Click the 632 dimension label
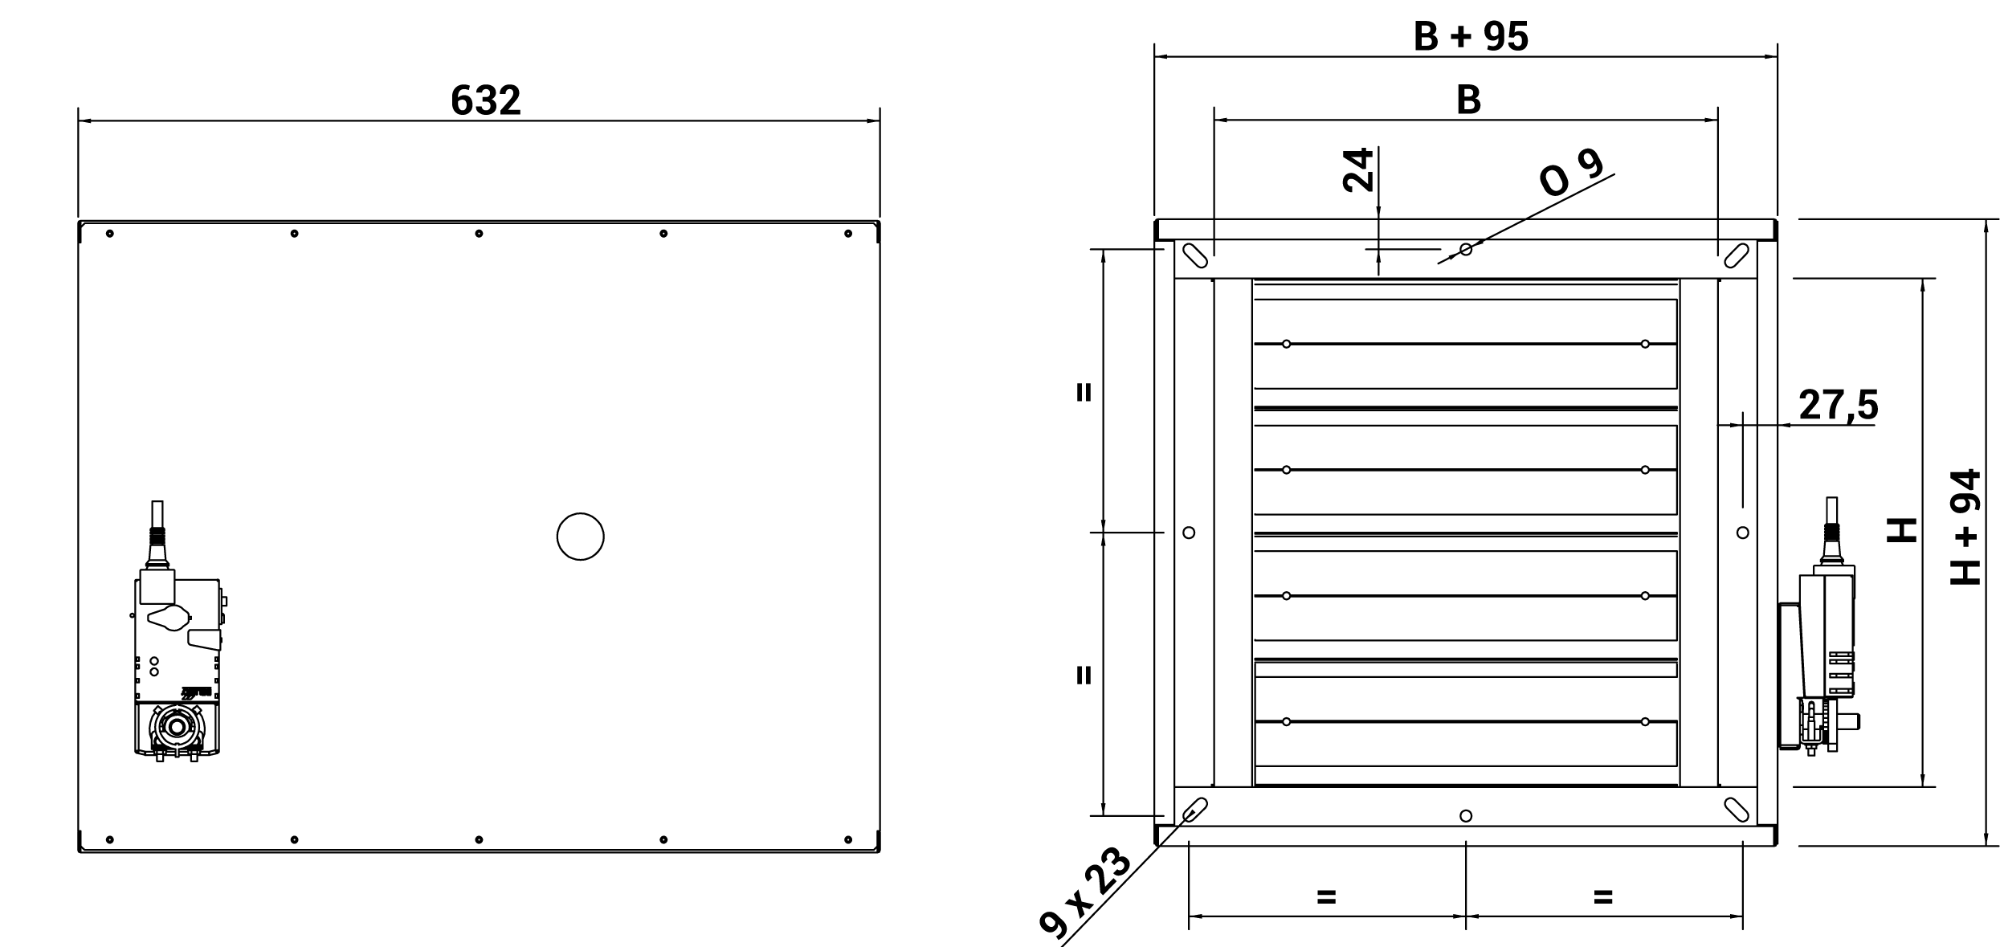pyautogui.click(x=485, y=100)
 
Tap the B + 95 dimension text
pyautogui.click(x=1471, y=37)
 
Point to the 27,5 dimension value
pyautogui.click(x=1839, y=405)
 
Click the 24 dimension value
pyautogui.click(x=1358, y=169)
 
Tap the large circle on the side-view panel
pyautogui.click(x=580, y=537)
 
